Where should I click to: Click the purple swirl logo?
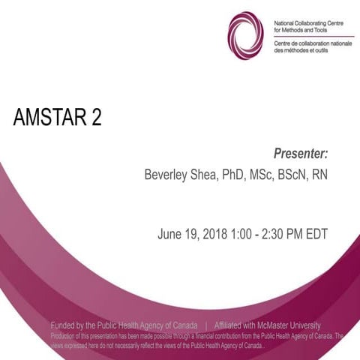point(245,35)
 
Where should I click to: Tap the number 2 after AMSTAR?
point(94,118)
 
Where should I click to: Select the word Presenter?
point(301,154)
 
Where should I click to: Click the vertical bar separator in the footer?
point(205,325)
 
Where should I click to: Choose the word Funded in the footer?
point(64,325)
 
